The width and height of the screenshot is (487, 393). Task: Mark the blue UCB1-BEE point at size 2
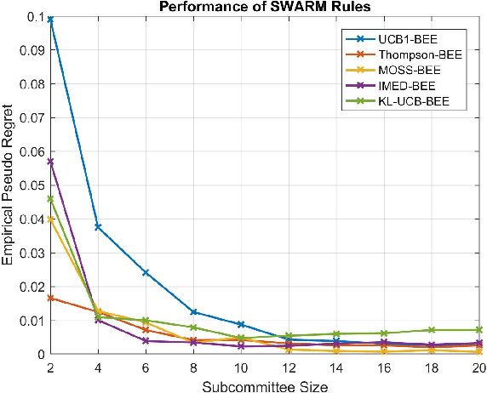[x=50, y=19]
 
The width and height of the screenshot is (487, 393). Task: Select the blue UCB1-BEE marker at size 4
[x=98, y=227]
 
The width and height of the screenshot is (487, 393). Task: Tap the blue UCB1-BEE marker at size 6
[x=146, y=272]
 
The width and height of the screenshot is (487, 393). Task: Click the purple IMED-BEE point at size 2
[x=50, y=161]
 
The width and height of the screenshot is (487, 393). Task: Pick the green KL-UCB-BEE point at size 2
[x=50, y=199]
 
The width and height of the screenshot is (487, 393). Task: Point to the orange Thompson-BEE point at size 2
[x=50, y=298]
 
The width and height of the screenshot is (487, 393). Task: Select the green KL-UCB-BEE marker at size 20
[x=479, y=329]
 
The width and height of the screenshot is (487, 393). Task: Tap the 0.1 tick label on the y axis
[x=32, y=17]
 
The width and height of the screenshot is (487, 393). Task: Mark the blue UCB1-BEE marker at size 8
[x=193, y=312]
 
